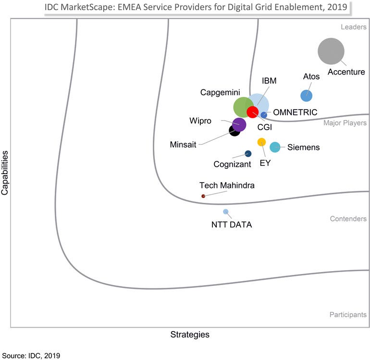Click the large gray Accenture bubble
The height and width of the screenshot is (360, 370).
click(331, 51)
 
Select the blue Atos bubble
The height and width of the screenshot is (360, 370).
click(306, 96)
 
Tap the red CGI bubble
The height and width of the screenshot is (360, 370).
click(252, 112)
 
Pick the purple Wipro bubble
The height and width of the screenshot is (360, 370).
click(239, 124)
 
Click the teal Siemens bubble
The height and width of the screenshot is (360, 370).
click(275, 147)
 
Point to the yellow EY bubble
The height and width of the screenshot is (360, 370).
click(261, 142)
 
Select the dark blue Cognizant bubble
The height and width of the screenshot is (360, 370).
click(248, 154)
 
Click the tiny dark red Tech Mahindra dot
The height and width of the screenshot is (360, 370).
click(203, 196)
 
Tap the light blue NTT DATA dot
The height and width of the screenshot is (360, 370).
click(225, 211)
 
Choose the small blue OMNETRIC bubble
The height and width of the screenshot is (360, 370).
click(264, 115)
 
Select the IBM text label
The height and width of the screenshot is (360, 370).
click(269, 81)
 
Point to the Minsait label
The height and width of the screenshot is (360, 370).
click(183, 144)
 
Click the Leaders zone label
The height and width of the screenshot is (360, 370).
click(354, 27)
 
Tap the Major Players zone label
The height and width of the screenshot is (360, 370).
click(345, 123)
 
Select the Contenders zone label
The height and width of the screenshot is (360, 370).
click(348, 219)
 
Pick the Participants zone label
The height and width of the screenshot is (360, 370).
click(347, 315)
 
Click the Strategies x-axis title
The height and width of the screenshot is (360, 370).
click(190, 334)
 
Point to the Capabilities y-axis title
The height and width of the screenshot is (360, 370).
click(5, 173)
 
